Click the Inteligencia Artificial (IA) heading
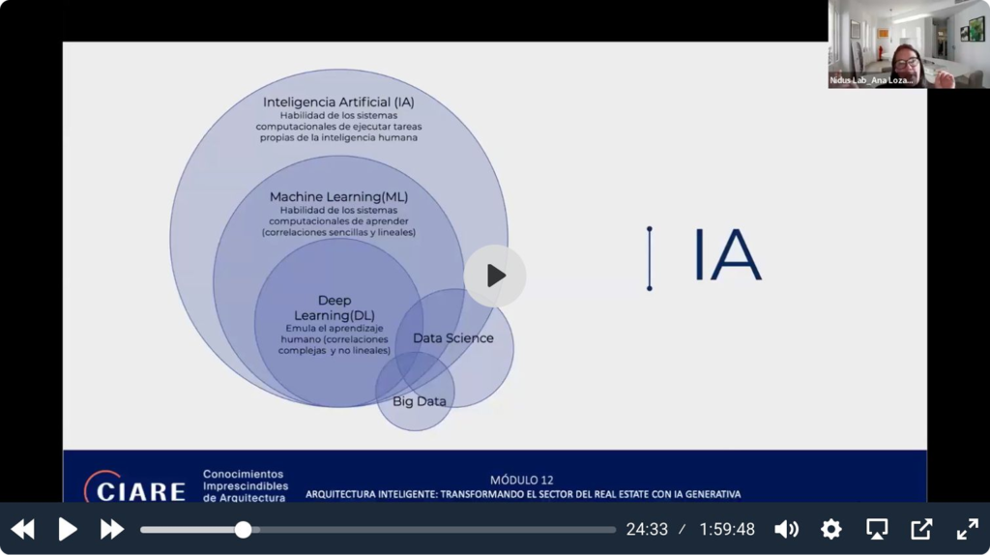pos(339,102)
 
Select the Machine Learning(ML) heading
pos(338,197)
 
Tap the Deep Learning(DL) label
pos(335,307)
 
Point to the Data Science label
pos(452,338)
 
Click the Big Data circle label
pos(419,400)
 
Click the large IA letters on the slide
pos(727,257)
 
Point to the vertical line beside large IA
pos(650,258)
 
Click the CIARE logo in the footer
pos(134,489)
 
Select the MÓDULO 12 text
pos(522,480)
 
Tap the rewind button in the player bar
pos(22,529)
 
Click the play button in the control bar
pos(68,529)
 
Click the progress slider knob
pos(244,529)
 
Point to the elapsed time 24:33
pos(647,529)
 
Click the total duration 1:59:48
pos(727,529)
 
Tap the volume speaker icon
pos(786,529)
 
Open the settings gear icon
pos(830,529)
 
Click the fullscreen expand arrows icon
pos(967,529)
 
